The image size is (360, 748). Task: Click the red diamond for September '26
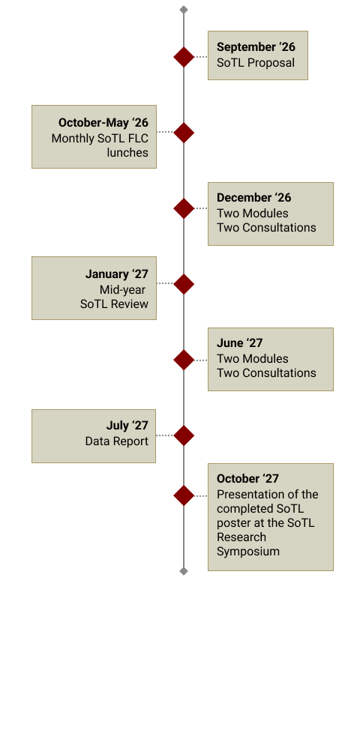[184, 57]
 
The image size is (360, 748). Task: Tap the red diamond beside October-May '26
[184, 132]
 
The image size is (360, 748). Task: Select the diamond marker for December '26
[184, 208]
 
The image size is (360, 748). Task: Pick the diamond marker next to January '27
[184, 284]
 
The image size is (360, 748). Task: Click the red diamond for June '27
[184, 360]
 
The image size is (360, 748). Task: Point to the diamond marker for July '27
[184, 435]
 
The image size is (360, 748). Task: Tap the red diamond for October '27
[184, 495]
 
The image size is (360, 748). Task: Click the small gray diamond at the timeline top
[184, 10]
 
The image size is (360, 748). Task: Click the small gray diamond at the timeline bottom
[184, 571]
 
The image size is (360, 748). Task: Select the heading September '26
[256, 47]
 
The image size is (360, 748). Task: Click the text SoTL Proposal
[256, 62]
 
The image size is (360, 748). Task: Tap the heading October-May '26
[103, 123]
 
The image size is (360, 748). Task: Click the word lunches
[127, 153]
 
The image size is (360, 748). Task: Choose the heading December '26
[254, 198]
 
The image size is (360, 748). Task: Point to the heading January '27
[117, 274]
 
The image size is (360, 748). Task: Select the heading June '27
[240, 343]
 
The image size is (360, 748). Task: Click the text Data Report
[117, 441]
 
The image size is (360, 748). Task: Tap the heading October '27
[247, 478]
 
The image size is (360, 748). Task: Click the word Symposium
[248, 552]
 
